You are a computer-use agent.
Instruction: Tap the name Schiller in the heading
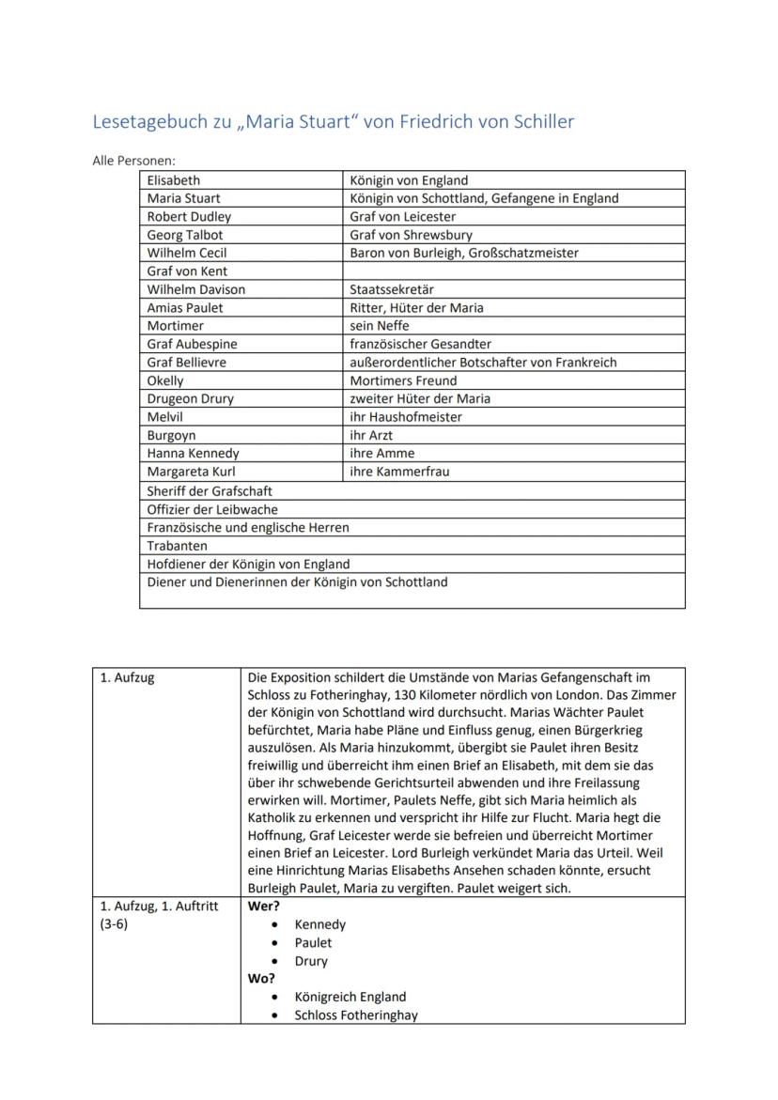tap(539, 122)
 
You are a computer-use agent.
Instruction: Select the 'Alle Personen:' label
tap(134, 162)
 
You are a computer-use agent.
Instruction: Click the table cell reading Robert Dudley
tap(189, 217)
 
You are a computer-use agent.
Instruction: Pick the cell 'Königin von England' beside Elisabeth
tap(409, 180)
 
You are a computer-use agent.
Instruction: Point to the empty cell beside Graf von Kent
tap(513, 271)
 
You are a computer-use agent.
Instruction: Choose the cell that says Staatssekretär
tap(392, 290)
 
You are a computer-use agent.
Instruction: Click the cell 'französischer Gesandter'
tap(420, 345)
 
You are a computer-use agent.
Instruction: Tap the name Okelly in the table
tap(165, 380)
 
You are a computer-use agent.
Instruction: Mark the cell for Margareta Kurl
tap(191, 472)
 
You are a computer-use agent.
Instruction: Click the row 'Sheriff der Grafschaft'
tap(210, 491)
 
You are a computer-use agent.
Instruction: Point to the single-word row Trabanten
tap(178, 546)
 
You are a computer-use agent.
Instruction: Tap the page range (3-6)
tap(115, 924)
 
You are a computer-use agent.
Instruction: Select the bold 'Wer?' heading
tap(263, 906)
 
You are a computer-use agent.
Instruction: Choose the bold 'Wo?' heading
tap(261, 979)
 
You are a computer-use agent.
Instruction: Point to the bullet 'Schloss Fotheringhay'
tap(356, 1015)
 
